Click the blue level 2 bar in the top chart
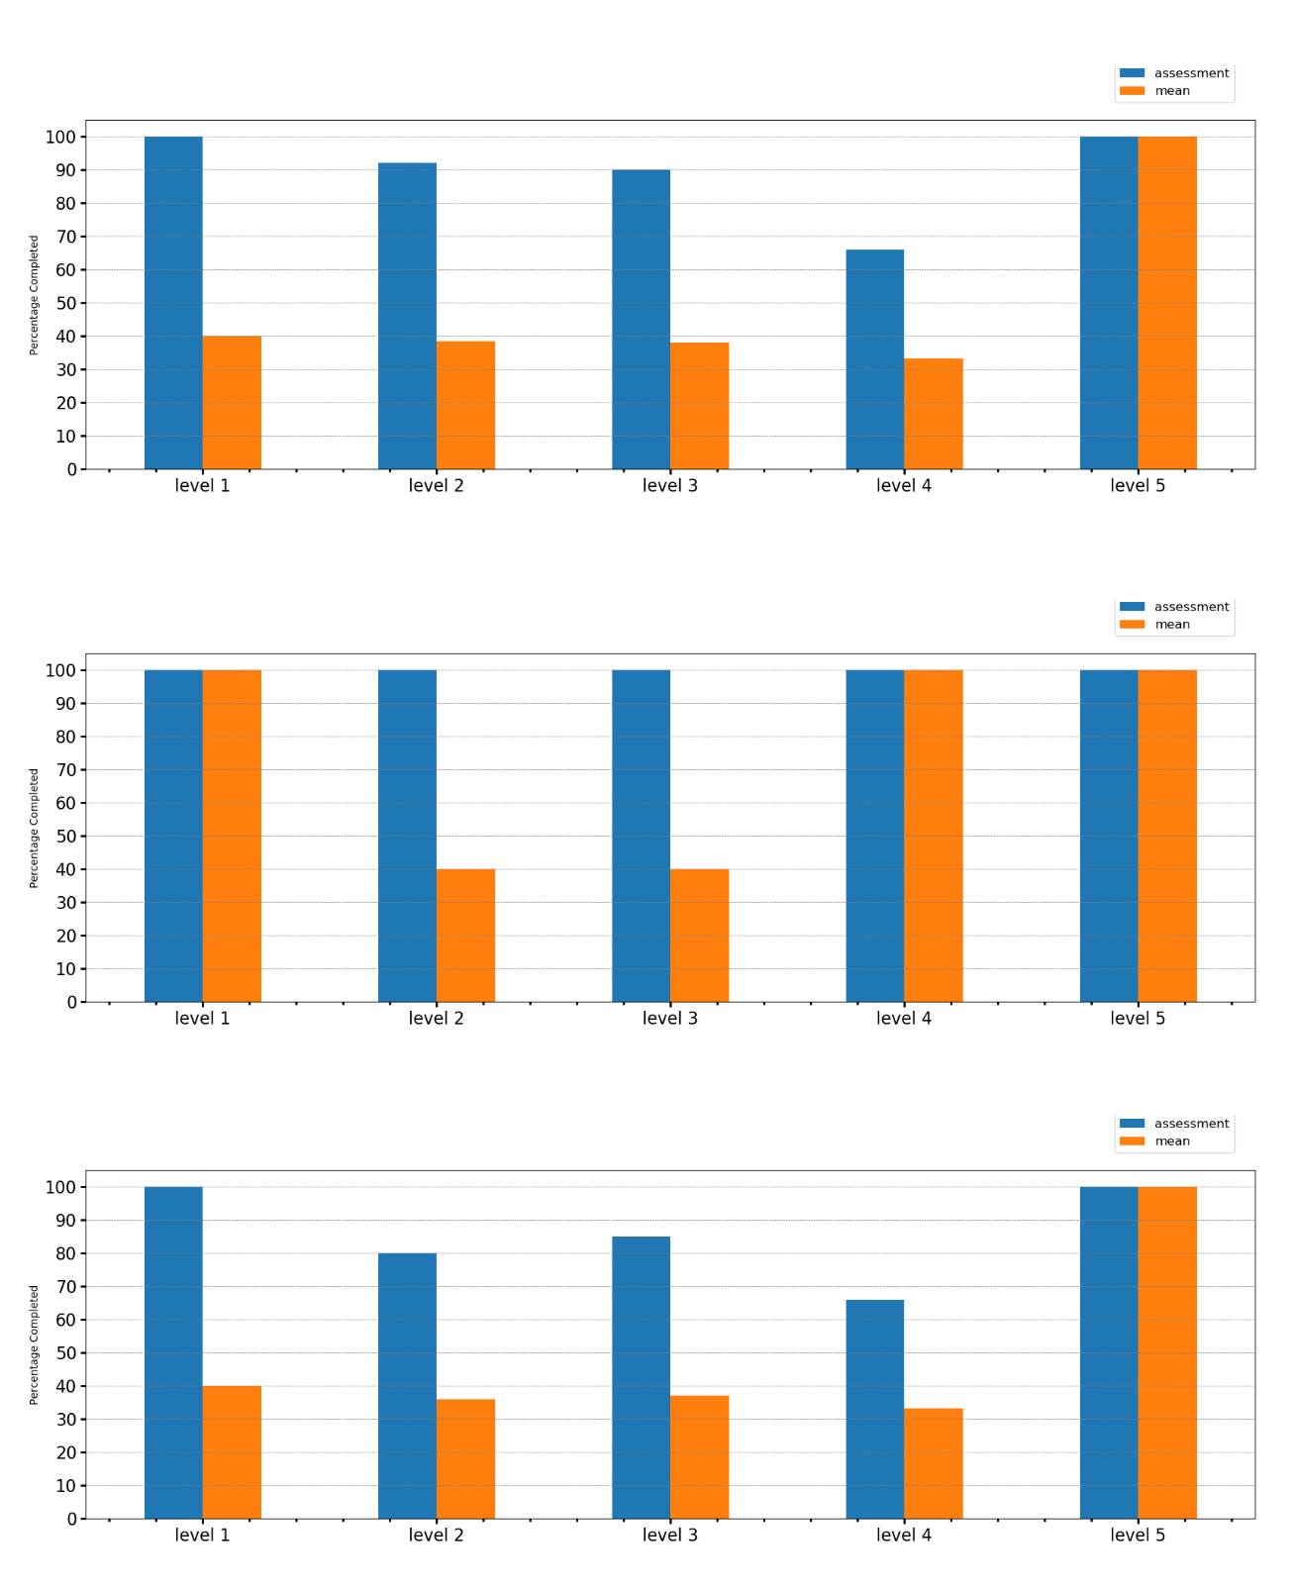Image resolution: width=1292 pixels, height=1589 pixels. pos(407,316)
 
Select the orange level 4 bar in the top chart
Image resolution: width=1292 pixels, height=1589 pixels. pos(933,414)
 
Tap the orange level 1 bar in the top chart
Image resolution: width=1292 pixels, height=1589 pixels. pos(232,402)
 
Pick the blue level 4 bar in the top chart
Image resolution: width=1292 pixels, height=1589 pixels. pos(874,359)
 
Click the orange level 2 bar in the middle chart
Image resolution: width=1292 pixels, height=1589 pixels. pos(465,936)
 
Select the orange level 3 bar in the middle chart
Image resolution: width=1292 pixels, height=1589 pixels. pos(699,936)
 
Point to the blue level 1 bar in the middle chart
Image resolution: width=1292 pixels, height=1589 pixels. pos(173,836)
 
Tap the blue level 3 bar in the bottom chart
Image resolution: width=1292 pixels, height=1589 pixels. pos(641,1377)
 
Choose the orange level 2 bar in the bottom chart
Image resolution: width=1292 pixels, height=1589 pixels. pos(465,1458)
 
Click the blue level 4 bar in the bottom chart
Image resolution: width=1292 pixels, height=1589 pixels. pos(874,1409)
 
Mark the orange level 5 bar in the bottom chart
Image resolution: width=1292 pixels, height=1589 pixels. pos(1167,1352)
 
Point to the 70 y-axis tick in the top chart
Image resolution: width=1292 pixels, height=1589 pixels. pos(65,237)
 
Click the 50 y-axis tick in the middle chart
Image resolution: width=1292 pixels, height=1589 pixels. pos(65,837)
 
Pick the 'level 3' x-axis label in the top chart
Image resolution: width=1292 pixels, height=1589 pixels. pos(670,486)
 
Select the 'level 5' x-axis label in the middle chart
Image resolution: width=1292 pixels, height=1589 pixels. pos(1138,1019)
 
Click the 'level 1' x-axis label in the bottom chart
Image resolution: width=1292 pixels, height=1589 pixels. pos(202,1536)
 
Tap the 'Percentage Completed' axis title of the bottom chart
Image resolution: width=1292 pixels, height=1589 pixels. pos(34,1344)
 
